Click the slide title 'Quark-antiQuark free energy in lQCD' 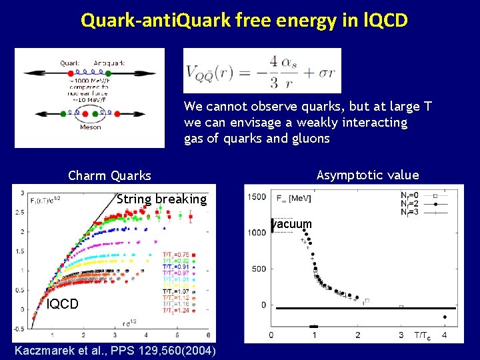pyautogui.click(x=243, y=21)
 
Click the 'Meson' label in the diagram pyautogui.click(x=91, y=127)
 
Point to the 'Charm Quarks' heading pyautogui.click(x=109, y=176)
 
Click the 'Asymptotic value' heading pyautogui.click(x=367, y=175)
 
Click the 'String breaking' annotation pyautogui.click(x=161, y=199)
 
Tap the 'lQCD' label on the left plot pyautogui.click(x=63, y=304)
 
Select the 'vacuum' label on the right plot pyautogui.click(x=292, y=225)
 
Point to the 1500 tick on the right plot pyautogui.click(x=257, y=197)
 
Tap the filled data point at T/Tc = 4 pyautogui.click(x=445, y=317)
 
